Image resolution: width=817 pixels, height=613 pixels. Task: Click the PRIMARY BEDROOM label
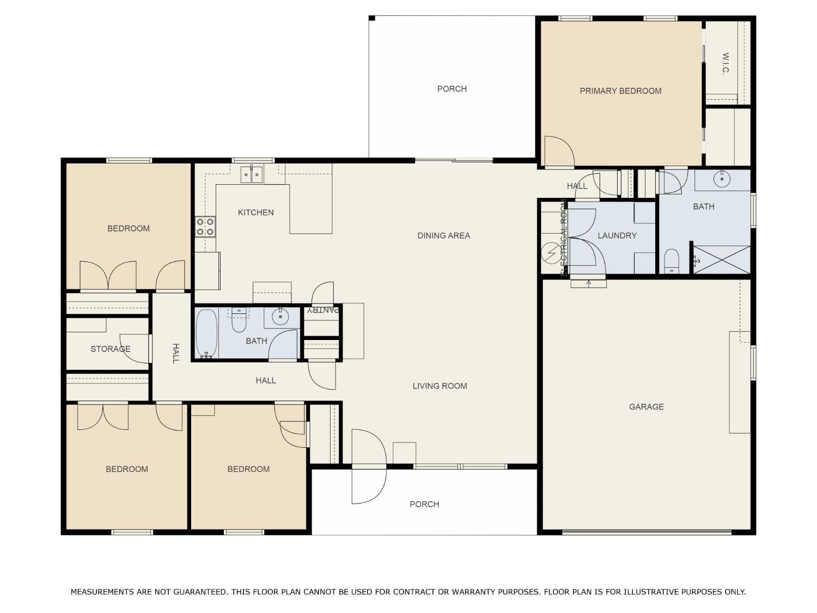click(x=620, y=91)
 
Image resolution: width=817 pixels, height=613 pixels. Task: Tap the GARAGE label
click(x=646, y=407)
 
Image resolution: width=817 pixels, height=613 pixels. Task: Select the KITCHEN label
click(x=255, y=213)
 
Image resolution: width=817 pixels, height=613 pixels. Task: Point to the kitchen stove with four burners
click(x=205, y=227)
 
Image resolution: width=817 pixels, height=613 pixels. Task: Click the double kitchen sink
click(x=252, y=174)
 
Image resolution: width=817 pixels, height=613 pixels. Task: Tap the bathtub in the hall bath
click(x=206, y=333)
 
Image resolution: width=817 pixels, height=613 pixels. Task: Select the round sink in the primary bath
click(x=722, y=179)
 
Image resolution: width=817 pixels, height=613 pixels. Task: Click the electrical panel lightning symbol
click(x=551, y=253)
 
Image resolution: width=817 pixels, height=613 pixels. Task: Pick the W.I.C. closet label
click(x=725, y=63)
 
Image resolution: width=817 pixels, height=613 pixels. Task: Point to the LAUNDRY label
click(x=617, y=235)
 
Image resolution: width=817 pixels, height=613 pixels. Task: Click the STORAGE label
click(x=111, y=349)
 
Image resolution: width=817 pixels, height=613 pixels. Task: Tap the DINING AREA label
click(x=444, y=235)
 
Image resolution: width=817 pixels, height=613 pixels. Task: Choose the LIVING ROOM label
click(x=440, y=386)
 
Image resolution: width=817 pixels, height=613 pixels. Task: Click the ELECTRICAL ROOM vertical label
click(x=564, y=238)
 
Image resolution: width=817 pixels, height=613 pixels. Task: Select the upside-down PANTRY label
click(x=322, y=309)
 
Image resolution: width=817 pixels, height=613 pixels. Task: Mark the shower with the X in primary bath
click(x=721, y=260)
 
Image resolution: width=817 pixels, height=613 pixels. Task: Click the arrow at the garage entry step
click(x=588, y=283)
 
